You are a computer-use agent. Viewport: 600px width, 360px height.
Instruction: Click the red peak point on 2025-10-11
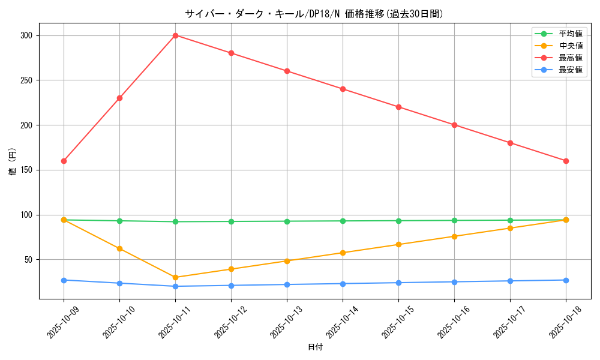(175, 35)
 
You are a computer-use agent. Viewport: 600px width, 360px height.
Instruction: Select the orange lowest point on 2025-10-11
(175, 277)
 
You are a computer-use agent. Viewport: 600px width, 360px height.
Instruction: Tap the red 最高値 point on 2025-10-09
(64, 161)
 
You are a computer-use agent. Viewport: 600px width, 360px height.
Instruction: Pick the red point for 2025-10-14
(343, 89)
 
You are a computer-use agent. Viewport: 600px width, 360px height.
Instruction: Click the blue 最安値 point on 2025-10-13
(287, 284)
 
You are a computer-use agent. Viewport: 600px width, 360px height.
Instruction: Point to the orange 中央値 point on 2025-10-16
(454, 236)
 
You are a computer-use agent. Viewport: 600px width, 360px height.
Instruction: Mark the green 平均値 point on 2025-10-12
(231, 221)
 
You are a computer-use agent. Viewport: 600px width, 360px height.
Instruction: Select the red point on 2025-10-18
(566, 161)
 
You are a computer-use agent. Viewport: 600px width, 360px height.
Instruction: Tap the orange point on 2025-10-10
(119, 248)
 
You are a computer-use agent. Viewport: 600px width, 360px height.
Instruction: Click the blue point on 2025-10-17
(510, 281)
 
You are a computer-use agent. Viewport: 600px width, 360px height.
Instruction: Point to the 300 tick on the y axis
(26, 35)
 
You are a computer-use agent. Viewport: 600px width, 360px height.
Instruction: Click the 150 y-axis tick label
(26, 170)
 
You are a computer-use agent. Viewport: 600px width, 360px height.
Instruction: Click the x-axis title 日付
(315, 347)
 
